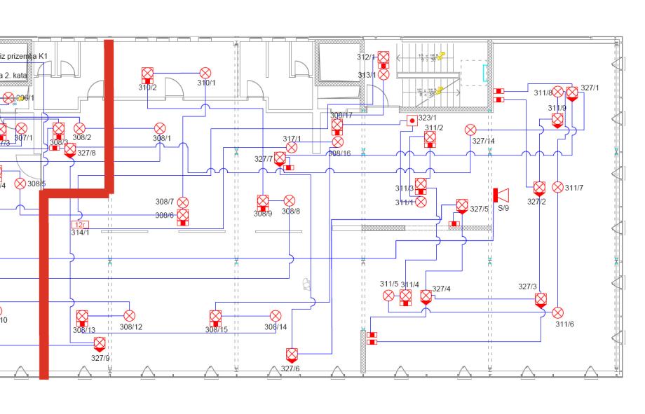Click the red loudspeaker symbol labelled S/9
click(x=501, y=195)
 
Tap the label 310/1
click(x=206, y=83)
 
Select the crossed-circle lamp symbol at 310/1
click(x=205, y=73)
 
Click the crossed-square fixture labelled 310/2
click(x=147, y=75)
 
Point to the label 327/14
click(x=483, y=141)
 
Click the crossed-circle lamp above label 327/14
click(x=470, y=130)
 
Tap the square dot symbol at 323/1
click(x=412, y=120)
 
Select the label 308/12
click(x=130, y=326)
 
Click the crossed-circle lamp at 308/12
click(x=129, y=316)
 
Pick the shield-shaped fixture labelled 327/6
click(x=292, y=354)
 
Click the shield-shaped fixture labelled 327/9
click(x=100, y=343)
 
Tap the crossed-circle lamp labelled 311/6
click(x=558, y=312)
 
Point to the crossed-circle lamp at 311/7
click(x=558, y=187)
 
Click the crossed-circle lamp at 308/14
click(x=276, y=316)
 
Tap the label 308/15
click(x=217, y=329)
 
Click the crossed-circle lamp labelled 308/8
click(x=289, y=201)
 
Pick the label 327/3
click(x=528, y=287)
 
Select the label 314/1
click(x=80, y=233)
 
